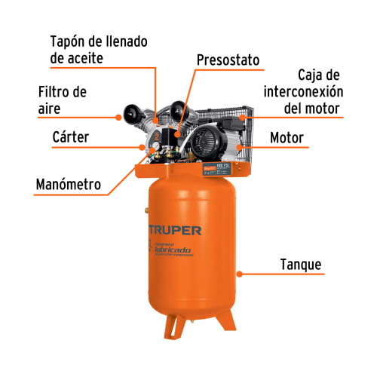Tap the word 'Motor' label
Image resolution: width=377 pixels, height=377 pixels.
(x=287, y=139)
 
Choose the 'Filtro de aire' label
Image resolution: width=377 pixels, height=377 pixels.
(x=63, y=100)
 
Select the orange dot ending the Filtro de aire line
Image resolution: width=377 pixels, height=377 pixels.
(x=118, y=117)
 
